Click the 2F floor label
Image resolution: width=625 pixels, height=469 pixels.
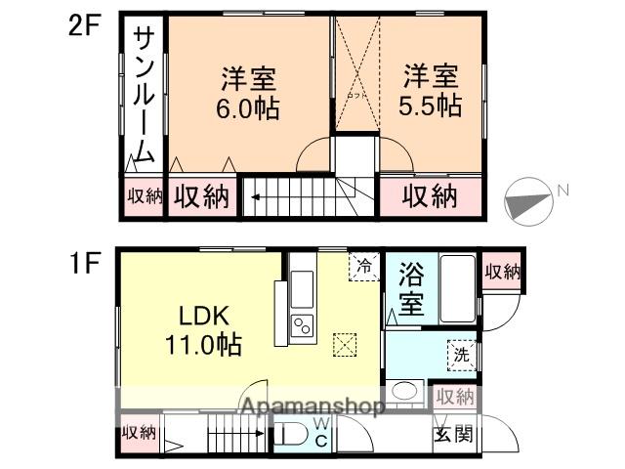click(83, 24)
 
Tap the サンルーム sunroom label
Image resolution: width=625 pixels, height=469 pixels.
click(143, 98)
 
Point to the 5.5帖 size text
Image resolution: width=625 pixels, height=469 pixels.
click(431, 107)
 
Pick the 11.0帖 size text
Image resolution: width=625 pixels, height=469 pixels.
click(203, 345)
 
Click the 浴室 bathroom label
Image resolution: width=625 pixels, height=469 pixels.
click(411, 287)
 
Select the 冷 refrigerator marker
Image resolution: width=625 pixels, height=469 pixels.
click(364, 266)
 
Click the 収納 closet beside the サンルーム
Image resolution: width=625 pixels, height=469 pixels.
click(144, 196)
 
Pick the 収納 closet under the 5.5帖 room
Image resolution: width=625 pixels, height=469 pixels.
click(431, 196)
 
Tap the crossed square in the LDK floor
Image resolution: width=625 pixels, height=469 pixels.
click(345, 343)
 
